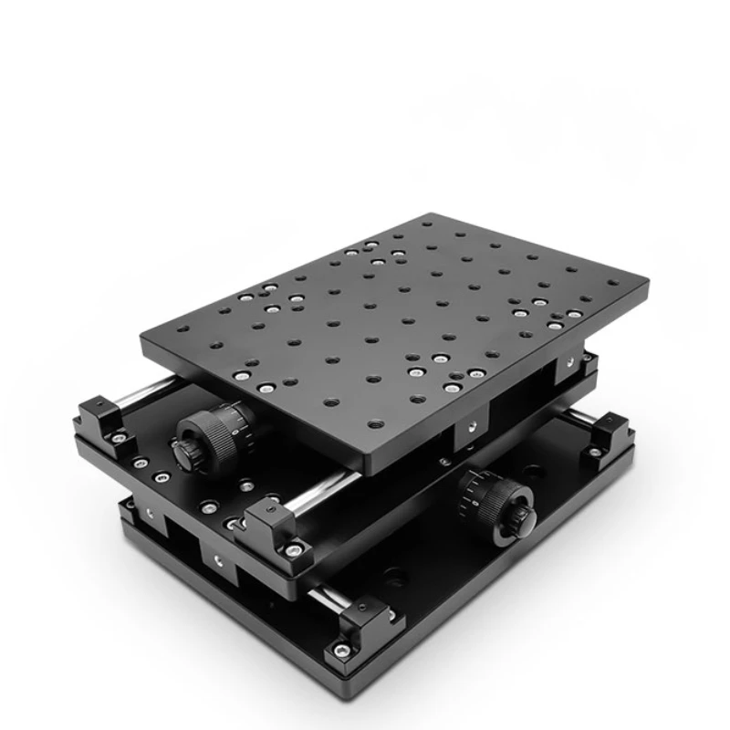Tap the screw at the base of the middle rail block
[293, 550]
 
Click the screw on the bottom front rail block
[342, 650]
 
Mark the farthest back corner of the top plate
[429, 214]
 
